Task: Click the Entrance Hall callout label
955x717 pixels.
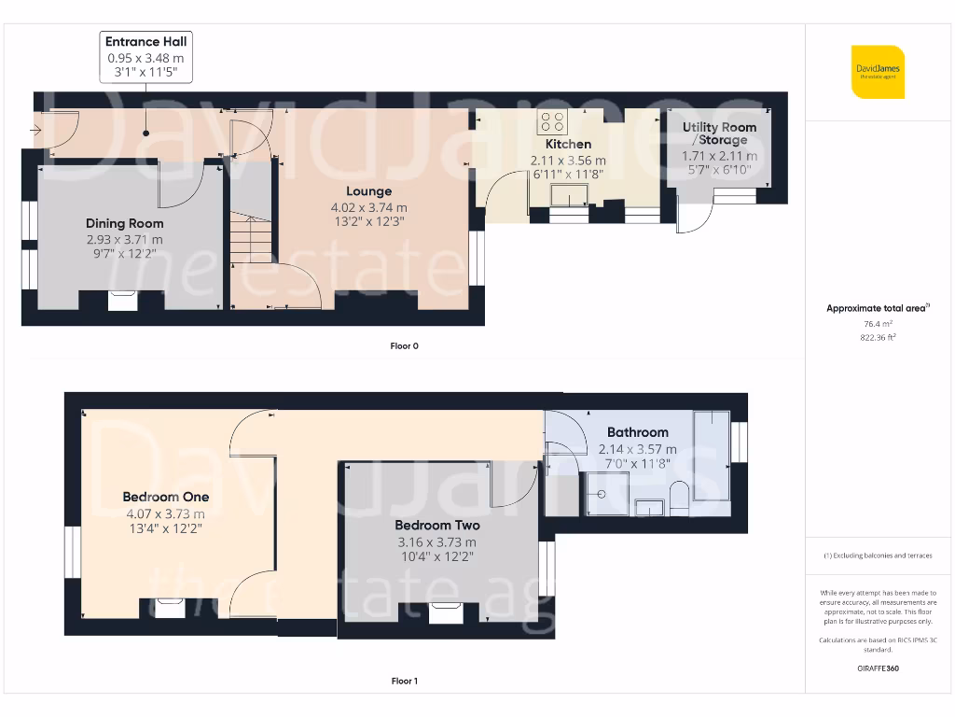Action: tap(146, 57)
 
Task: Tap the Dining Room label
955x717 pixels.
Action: tap(125, 224)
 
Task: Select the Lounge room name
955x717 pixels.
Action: tap(369, 191)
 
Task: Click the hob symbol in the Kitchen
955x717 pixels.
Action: tap(552, 121)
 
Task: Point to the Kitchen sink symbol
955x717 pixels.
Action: tap(570, 196)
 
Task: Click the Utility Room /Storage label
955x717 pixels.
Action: tap(719, 134)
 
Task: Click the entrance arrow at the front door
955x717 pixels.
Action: tap(35, 130)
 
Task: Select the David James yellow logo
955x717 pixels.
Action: tap(878, 72)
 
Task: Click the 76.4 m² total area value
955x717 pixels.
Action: tap(878, 324)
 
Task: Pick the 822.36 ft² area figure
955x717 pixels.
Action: tap(878, 337)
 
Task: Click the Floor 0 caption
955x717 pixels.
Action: tap(405, 346)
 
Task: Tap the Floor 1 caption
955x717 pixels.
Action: tap(405, 681)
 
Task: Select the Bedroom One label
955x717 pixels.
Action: tap(166, 497)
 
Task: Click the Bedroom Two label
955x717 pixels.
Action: tap(437, 526)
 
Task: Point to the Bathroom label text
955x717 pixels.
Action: tap(638, 432)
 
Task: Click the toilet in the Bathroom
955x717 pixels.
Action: tap(679, 499)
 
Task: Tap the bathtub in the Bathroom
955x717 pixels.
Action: tap(712, 456)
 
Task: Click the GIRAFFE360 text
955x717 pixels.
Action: tap(878, 668)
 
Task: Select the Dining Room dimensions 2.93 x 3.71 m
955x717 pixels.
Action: tap(125, 240)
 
